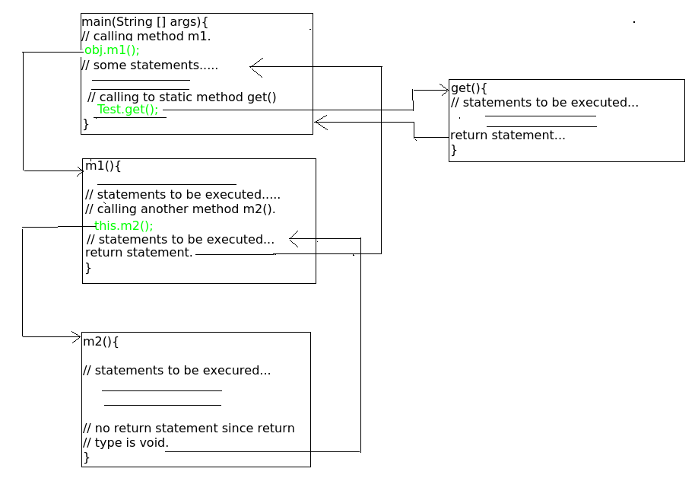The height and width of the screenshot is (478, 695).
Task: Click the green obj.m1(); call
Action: point(112,50)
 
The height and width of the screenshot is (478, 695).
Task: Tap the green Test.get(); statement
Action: point(128,109)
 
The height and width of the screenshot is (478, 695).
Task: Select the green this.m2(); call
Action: point(123,225)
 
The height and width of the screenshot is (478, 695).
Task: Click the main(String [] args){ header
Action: point(144,22)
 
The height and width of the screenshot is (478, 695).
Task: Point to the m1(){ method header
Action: point(103,166)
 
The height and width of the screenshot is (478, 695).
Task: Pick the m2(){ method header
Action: point(101,341)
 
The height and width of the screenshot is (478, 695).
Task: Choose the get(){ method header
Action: point(469,88)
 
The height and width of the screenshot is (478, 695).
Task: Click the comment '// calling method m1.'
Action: point(146,37)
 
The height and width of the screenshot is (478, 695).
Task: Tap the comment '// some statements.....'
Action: point(150,65)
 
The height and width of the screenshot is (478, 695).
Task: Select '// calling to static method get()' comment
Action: point(182,97)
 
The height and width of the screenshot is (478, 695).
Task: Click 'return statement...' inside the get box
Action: point(508,135)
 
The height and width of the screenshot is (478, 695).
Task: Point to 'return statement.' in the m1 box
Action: point(139,253)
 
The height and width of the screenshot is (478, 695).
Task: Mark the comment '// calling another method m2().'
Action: point(180,209)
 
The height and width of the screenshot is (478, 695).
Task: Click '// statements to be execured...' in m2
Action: point(176,371)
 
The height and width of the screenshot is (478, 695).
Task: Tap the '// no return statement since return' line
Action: point(189,428)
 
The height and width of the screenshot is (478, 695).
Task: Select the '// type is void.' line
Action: point(125,442)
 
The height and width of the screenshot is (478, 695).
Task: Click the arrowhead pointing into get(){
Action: point(445,89)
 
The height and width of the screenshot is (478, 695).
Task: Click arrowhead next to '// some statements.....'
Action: point(255,68)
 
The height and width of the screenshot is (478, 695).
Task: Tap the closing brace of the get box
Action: point(454,150)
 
